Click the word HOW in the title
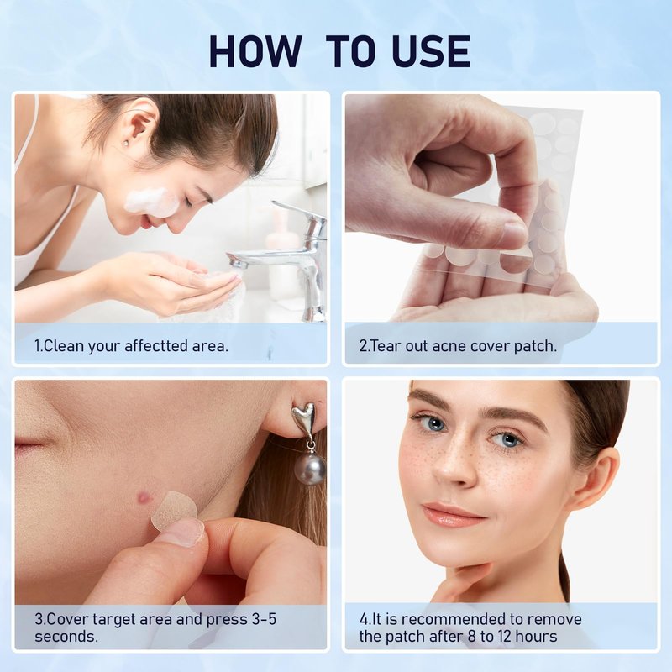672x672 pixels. click(x=255, y=51)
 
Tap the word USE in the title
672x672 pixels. click(x=431, y=51)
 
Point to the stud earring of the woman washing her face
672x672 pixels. click(x=125, y=142)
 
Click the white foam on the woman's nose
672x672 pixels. click(x=151, y=202)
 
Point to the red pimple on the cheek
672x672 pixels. click(x=144, y=497)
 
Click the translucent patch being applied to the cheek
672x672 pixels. click(x=174, y=510)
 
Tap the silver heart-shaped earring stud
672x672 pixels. click(x=303, y=418)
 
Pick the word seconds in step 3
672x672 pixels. click(x=66, y=637)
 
